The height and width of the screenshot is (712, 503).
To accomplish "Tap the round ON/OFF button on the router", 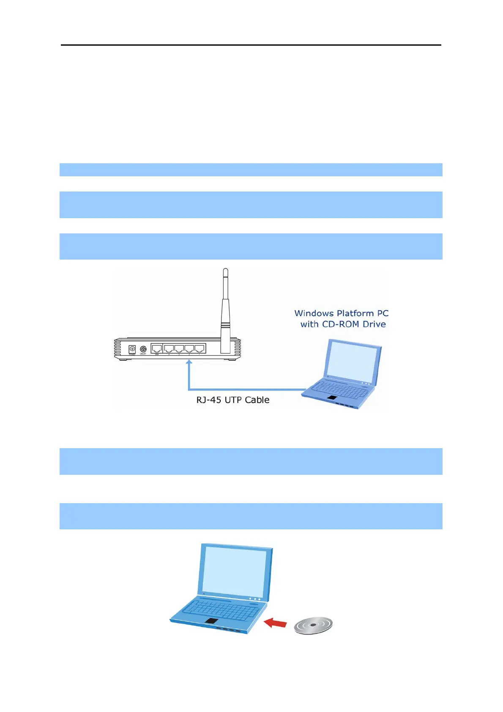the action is (x=143, y=349).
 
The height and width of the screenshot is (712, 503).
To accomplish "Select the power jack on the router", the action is (x=132, y=349).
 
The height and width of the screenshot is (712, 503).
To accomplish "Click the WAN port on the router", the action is (x=157, y=349).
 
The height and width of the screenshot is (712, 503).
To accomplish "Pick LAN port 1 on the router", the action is (x=200, y=349).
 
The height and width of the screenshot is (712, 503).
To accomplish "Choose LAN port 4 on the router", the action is (x=169, y=349).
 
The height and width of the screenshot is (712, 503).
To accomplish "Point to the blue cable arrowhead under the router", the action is (x=189, y=362).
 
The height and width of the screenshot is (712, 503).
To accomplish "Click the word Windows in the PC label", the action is (x=314, y=313).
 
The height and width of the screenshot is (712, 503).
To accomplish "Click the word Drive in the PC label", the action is (x=374, y=324).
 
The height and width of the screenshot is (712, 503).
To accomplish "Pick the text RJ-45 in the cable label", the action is (x=209, y=400).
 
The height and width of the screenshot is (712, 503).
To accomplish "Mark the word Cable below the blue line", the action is (x=257, y=400).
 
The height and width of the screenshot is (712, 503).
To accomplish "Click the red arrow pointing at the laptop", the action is (x=275, y=623).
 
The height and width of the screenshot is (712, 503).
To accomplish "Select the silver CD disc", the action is (x=313, y=625).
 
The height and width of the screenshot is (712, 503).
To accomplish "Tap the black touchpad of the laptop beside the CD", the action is (x=211, y=621).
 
